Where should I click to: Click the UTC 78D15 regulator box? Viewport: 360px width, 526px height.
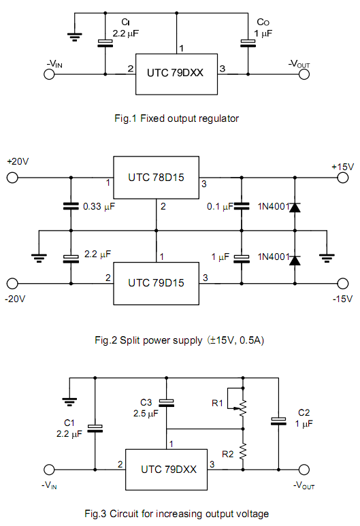pos(156,178)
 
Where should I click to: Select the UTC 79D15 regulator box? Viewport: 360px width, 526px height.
pos(156,284)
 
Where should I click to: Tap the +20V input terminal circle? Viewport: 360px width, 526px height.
pos(12,178)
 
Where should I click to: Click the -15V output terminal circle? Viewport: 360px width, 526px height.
pos(342,284)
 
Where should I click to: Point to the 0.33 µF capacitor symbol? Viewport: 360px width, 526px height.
pos(71,206)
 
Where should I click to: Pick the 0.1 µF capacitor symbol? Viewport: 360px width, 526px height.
pos(242,206)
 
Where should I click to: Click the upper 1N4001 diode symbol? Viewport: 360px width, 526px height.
pos(295,208)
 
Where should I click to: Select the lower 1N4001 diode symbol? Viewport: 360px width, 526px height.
pos(295,261)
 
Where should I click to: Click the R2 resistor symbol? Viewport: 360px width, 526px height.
pos(243,451)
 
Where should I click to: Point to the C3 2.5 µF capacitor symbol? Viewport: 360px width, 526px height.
pos(167,403)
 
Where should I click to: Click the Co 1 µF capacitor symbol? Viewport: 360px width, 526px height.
pos(248,44)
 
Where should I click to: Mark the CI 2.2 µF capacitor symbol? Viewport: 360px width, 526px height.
pos(105,44)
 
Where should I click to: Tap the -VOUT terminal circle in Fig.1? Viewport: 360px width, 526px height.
pos(304,74)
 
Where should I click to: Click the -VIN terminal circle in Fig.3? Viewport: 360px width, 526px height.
pos(49,470)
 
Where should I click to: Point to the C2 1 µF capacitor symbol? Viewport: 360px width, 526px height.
pos(278,421)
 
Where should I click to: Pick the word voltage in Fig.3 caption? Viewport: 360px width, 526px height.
pos(252,514)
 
